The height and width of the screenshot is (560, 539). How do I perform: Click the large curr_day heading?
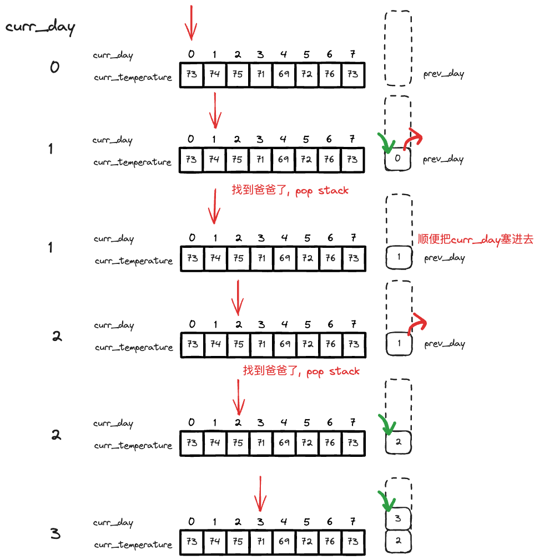click(40, 27)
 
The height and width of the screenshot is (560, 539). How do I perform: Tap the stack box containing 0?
click(398, 160)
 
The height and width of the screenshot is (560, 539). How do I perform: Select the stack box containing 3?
click(398, 519)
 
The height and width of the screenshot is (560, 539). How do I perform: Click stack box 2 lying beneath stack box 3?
click(398, 541)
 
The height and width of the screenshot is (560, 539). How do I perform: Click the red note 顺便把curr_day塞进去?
click(475, 240)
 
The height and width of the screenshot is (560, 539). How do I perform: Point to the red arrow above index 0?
click(191, 23)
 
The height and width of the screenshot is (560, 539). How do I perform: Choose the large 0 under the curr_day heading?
click(54, 67)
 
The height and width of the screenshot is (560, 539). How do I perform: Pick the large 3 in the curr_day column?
click(55, 534)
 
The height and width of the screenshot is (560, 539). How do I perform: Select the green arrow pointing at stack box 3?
click(387, 501)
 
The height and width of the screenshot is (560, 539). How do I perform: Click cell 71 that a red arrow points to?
click(261, 541)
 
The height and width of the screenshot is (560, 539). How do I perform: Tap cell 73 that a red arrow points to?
click(192, 74)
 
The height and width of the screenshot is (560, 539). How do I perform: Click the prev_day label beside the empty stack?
click(444, 74)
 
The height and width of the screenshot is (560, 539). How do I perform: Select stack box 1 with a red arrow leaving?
click(399, 344)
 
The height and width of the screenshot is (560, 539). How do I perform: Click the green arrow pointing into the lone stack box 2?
click(387, 424)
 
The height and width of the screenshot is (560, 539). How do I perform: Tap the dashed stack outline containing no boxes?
click(398, 48)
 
